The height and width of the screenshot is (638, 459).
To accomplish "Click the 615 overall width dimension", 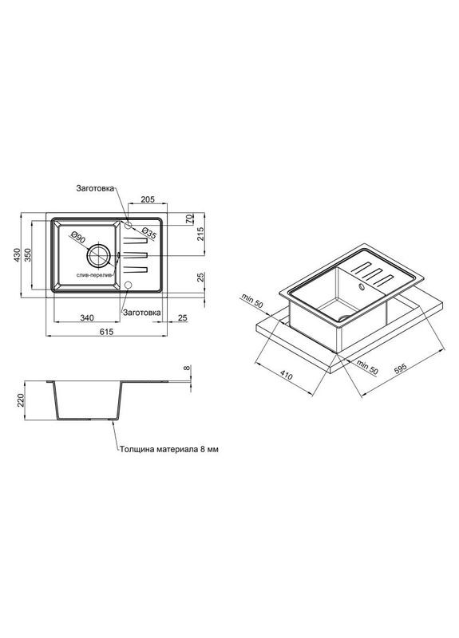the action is click(106, 332).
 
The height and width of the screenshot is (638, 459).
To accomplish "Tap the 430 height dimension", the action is click(17, 254).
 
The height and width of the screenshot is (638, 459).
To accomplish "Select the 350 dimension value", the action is click(28, 254).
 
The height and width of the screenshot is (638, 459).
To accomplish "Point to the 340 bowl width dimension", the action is click(87, 317).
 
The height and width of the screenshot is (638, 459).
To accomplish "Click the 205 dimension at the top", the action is click(148, 199).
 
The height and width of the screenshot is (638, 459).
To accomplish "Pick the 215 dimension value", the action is click(201, 234).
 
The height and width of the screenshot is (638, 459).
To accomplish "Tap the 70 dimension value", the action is click(189, 219).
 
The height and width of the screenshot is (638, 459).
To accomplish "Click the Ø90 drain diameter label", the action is click(77, 237).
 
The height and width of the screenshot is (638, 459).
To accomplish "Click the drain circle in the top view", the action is click(98, 255).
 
